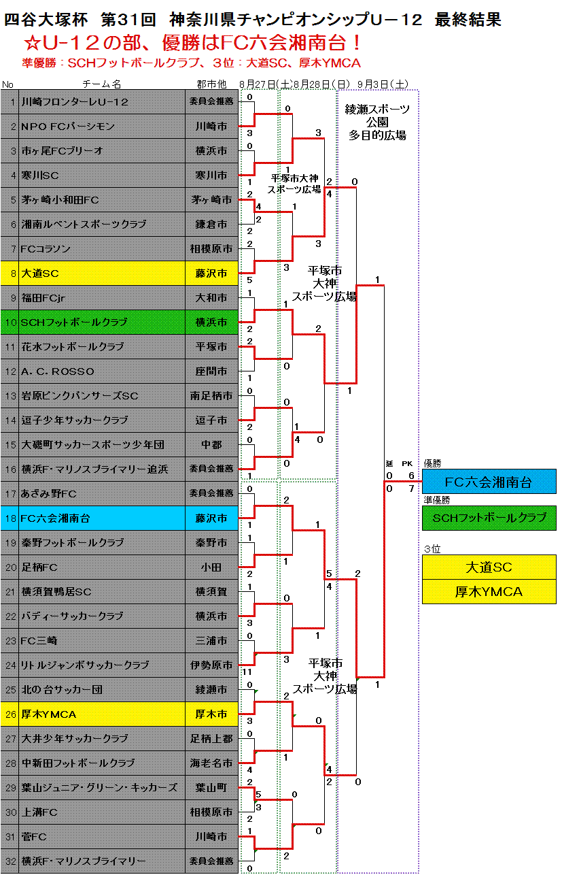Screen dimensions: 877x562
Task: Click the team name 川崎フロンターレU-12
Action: (x=75, y=102)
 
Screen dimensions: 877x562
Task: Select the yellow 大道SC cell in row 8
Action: (x=102, y=274)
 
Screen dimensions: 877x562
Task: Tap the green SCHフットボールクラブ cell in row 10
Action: (x=102, y=322)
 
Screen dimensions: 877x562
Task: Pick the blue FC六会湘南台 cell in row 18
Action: (x=102, y=518)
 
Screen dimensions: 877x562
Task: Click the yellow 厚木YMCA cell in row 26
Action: (x=102, y=714)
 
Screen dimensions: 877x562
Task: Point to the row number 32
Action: (x=10, y=861)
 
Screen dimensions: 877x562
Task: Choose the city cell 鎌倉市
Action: (x=211, y=225)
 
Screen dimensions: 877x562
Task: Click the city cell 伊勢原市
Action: (x=211, y=665)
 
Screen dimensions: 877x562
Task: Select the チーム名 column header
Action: (x=102, y=84)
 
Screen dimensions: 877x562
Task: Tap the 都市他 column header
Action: (x=211, y=84)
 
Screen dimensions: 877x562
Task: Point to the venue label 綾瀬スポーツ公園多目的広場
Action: (x=377, y=122)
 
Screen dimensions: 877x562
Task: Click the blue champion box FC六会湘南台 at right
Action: (x=489, y=482)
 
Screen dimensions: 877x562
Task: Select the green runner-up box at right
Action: (x=489, y=518)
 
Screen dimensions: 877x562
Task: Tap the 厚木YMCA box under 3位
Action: (x=489, y=592)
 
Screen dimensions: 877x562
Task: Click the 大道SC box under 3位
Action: (x=489, y=567)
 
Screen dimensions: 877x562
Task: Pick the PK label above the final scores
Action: (x=408, y=464)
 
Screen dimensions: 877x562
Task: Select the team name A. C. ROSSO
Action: (x=58, y=371)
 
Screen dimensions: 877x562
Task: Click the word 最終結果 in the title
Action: (x=468, y=20)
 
